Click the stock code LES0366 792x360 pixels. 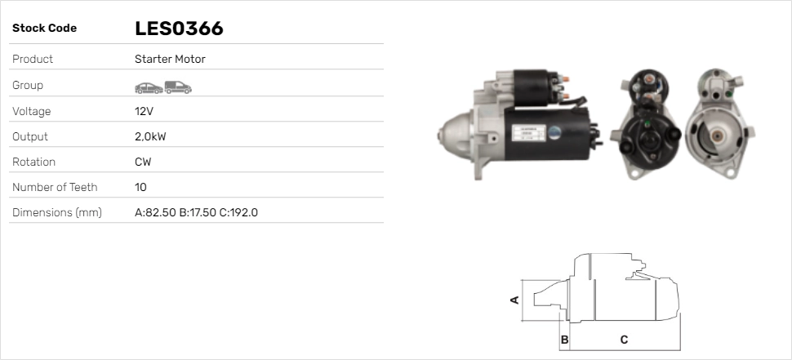click(179, 29)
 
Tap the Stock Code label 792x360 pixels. click(44, 29)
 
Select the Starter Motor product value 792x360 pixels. click(170, 60)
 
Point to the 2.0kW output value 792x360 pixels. click(150, 136)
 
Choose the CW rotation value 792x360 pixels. click(143, 162)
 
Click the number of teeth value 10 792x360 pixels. click(140, 187)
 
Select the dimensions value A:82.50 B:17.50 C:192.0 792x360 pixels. click(196, 213)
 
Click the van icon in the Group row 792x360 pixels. click(177, 86)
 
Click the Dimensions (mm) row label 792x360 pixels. click(56, 213)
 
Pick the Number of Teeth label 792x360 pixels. click(55, 187)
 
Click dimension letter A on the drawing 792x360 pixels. click(514, 300)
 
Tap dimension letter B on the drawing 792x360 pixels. click(564, 339)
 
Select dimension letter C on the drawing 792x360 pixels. click(624, 339)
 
